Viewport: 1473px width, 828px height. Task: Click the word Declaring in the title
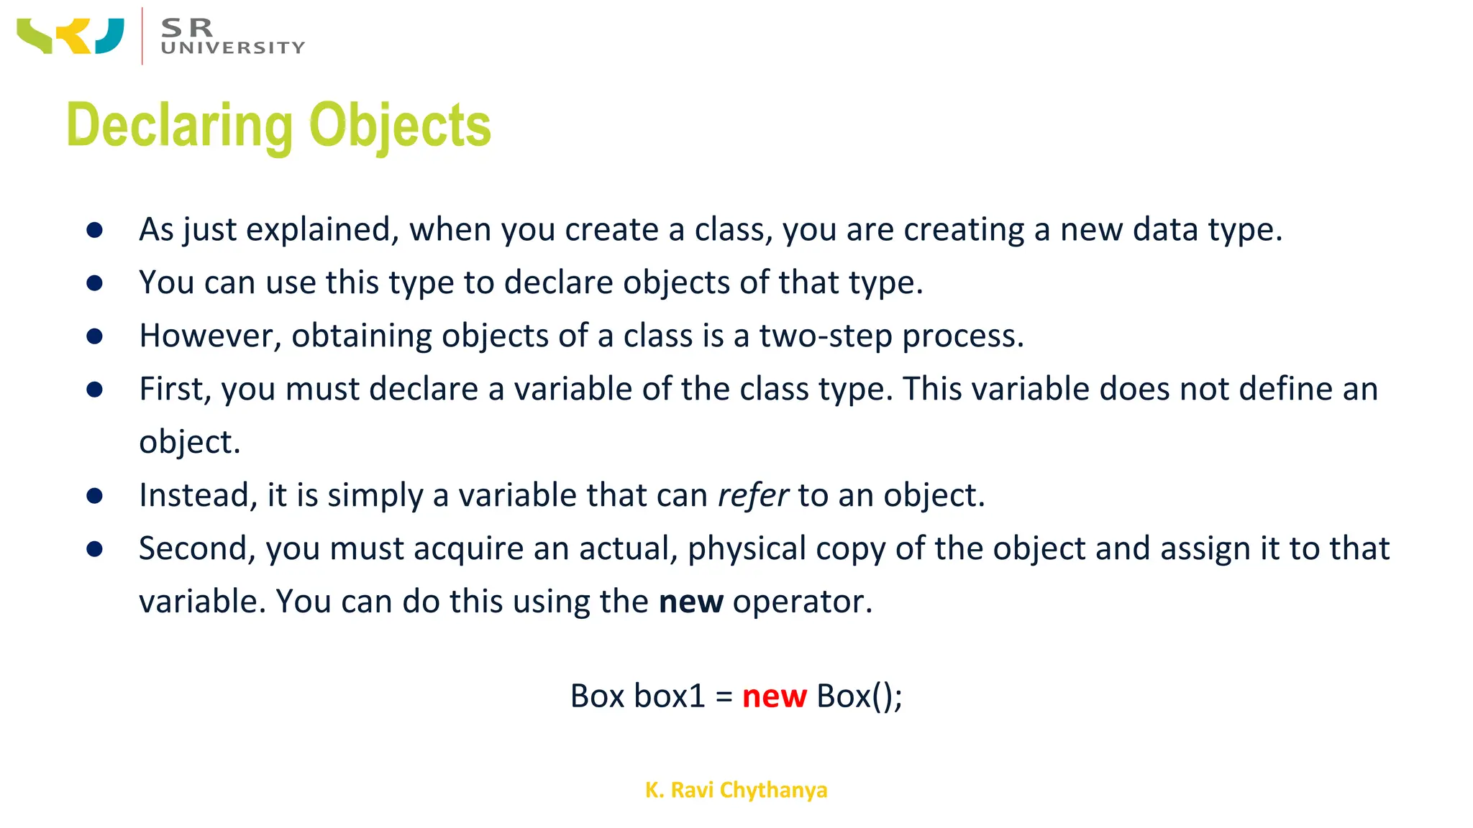pos(179,126)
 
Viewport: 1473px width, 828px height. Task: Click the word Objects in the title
pos(400,126)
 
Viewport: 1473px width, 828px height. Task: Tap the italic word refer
pos(753,496)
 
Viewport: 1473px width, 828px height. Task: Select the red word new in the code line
pos(774,696)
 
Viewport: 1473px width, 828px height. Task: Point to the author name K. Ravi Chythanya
pos(736,790)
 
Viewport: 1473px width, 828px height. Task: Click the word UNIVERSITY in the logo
pos(233,48)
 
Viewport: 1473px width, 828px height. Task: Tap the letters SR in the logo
pos(187,27)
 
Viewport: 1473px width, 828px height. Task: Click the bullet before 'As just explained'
pos(94,230)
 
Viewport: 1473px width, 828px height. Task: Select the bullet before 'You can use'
pos(94,283)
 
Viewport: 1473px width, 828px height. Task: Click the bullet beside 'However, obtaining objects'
pos(94,336)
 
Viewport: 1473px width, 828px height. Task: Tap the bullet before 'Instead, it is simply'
pos(94,496)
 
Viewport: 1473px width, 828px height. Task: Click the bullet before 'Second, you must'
pos(94,549)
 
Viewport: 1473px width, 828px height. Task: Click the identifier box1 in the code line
pos(669,696)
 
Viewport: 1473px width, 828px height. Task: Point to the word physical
pos(747,549)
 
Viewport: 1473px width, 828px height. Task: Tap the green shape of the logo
pos(35,37)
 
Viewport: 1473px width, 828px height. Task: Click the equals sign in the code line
pos(724,696)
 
